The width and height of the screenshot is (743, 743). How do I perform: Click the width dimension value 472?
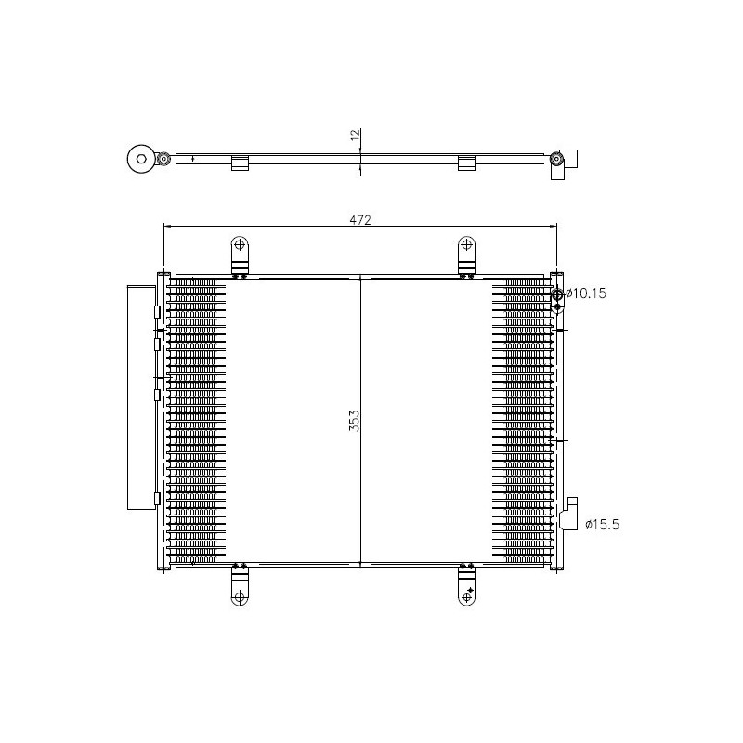359,219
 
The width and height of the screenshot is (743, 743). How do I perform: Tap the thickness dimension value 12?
354,136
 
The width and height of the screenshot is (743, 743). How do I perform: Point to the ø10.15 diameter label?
586,293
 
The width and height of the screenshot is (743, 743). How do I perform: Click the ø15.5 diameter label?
603,525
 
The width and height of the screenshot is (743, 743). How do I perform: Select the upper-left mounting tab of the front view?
240,252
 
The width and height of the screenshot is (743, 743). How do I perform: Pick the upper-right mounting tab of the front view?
467,252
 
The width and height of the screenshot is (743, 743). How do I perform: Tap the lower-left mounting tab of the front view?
240,588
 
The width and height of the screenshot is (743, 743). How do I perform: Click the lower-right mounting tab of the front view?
467,588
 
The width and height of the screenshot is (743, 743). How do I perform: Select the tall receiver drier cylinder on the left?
140,397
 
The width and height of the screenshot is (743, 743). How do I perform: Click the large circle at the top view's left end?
142,160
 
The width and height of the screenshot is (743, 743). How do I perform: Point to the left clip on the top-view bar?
240,163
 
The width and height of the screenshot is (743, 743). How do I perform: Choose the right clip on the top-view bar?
467,163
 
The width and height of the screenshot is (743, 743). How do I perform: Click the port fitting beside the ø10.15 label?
557,295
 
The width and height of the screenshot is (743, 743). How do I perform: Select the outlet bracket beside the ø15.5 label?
569,515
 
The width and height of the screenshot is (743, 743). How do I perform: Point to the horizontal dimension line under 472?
279,226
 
